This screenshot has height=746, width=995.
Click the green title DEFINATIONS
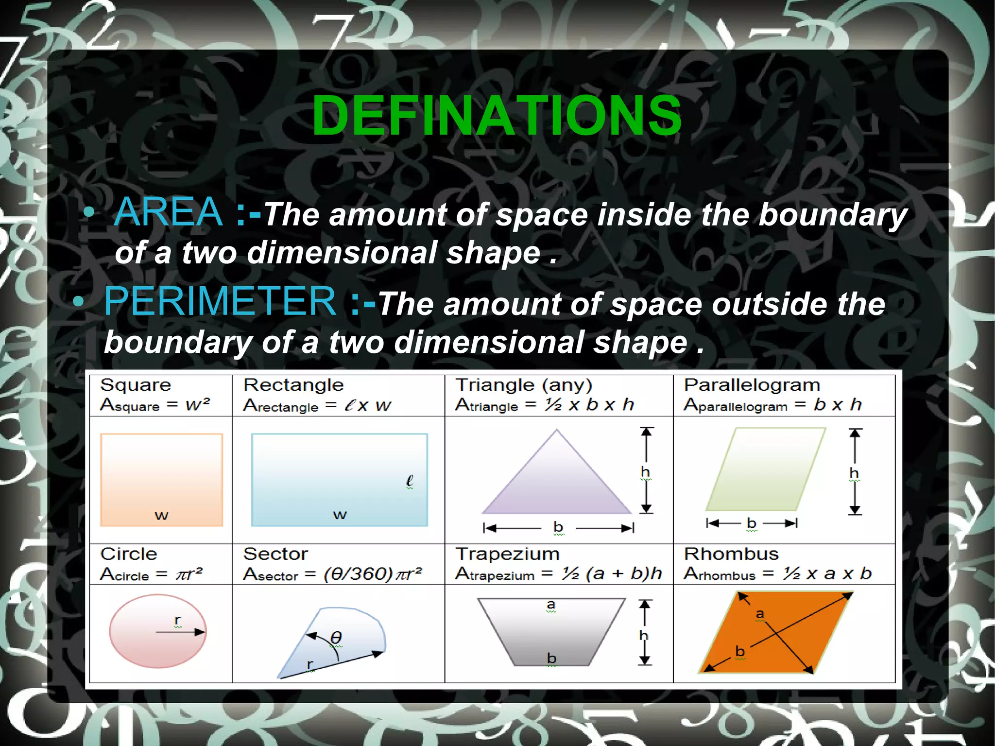(497, 116)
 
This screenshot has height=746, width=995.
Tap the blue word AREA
(169, 212)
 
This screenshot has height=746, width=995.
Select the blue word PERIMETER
(220, 301)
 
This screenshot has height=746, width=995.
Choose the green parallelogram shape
(766, 469)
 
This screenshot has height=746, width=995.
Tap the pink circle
(157, 632)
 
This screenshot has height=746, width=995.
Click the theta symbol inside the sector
(336, 637)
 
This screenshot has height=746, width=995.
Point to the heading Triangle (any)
(524, 385)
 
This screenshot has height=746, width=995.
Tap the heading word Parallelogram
(752, 385)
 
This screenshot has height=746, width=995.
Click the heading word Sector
(275, 554)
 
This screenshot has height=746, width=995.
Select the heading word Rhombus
(731, 554)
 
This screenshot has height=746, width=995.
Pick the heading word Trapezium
(507, 554)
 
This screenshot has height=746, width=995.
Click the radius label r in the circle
(178, 620)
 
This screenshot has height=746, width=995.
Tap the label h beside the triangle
(645, 471)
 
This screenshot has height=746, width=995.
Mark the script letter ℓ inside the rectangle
(410, 481)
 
